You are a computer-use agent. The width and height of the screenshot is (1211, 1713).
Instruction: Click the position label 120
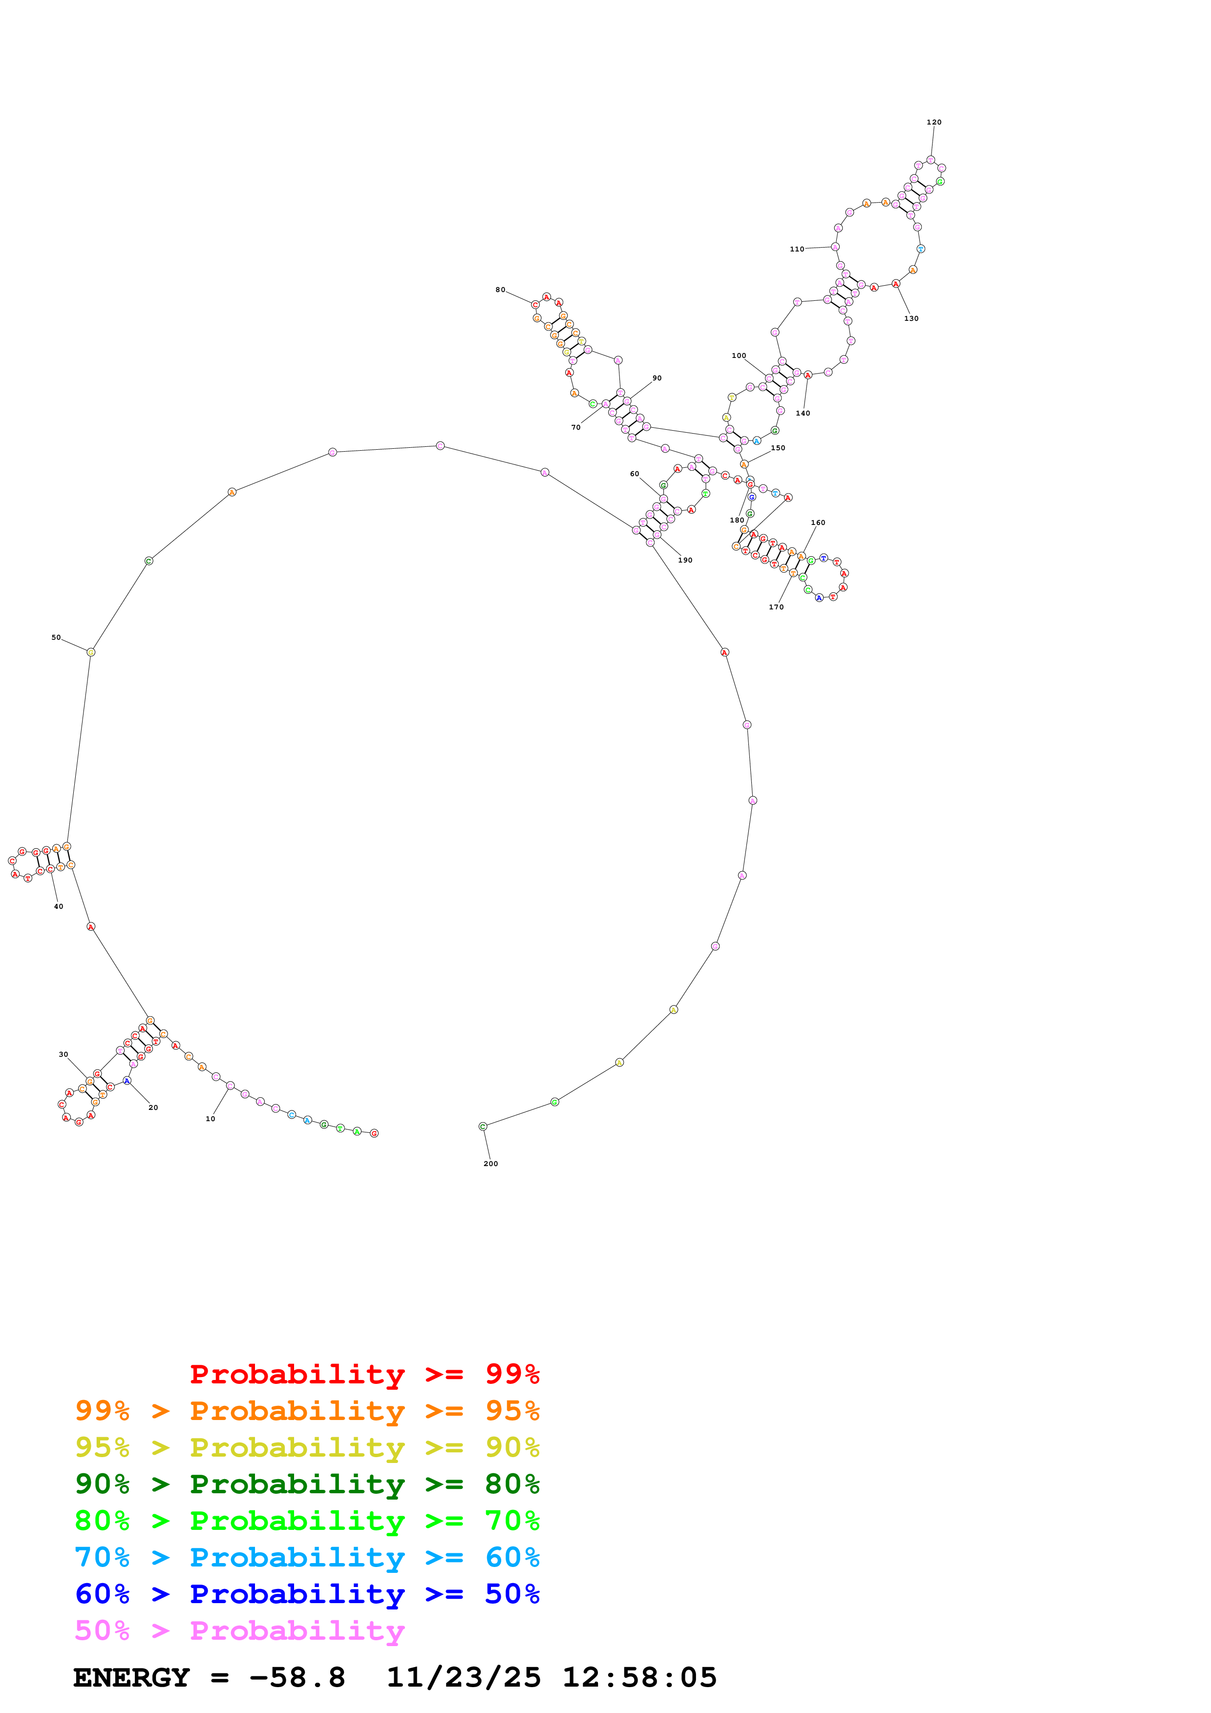point(934,123)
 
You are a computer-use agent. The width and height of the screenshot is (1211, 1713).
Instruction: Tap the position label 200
point(490,1163)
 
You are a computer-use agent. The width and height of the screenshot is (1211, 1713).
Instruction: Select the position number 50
point(56,637)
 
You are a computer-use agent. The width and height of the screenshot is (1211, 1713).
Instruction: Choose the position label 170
point(776,607)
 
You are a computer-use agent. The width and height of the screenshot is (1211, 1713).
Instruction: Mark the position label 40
point(58,906)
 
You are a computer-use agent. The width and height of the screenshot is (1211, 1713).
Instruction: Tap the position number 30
point(64,1054)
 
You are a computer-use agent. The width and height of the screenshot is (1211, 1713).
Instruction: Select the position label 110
point(797,249)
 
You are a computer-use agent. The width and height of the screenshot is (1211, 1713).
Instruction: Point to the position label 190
point(685,560)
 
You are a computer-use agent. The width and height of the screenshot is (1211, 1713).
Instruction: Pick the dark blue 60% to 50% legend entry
point(307,1594)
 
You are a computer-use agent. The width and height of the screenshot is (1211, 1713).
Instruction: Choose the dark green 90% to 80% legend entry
point(307,1484)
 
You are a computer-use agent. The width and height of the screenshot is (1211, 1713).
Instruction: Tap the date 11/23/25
point(464,1677)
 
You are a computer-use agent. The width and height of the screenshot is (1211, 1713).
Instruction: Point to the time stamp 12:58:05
point(639,1677)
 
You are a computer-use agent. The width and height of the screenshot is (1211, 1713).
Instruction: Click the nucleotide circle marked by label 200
point(483,1127)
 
